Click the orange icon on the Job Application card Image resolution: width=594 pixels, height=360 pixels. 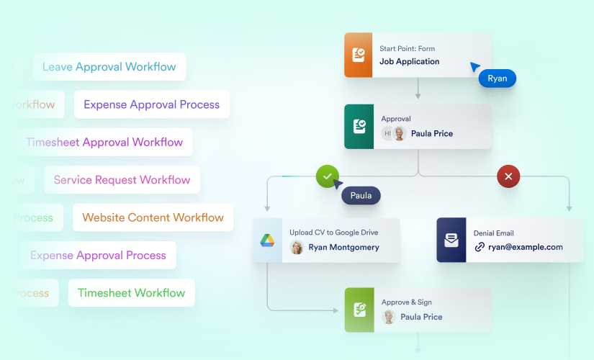coord(359,55)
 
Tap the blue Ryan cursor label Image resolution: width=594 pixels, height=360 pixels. coord(497,78)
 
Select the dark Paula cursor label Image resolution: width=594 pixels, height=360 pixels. coord(360,195)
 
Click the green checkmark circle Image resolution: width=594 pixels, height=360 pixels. coord(328,176)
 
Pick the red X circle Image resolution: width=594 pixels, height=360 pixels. coord(508,176)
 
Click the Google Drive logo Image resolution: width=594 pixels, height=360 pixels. coord(268,240)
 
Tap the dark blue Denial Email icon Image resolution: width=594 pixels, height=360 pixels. coord(451,240)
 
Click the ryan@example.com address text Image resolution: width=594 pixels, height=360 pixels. coord(526,247)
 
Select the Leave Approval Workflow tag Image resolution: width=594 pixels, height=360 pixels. coord(109,67)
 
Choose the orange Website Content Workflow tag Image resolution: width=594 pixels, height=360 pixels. coord(153,217)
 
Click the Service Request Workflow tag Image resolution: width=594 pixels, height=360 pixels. coord(122,180)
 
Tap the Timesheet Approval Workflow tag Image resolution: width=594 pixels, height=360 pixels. coord(104,143)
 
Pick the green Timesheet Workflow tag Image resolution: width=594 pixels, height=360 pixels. coord(131,293)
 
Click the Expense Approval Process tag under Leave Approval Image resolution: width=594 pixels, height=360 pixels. coord(151,104)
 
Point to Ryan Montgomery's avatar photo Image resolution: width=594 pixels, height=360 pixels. coord(297,248)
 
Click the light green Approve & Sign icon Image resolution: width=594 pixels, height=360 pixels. coord(359,310)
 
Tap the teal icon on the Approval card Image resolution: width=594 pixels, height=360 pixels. coord(359,127)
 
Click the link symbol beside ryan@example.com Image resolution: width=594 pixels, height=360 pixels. coord(480,247)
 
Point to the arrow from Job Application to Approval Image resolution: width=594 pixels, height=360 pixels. coord(418,89)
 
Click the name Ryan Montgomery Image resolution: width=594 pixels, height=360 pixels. coord(343,247)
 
